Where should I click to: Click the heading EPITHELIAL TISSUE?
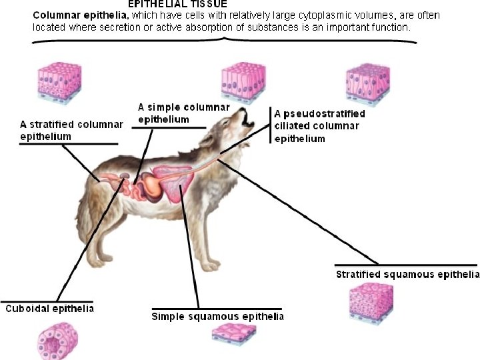click(177, 4)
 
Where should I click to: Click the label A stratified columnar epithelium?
click(71, 130)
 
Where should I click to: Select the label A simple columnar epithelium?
click(183, 113)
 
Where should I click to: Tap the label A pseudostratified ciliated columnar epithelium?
click(320, 126)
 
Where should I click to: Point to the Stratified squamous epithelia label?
click(407, 274)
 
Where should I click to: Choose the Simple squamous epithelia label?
click(217, 316)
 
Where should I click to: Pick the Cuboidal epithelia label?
click(49, 309)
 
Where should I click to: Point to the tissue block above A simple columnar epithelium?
click(241, 82)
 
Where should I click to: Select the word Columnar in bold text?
click(54, 14)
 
